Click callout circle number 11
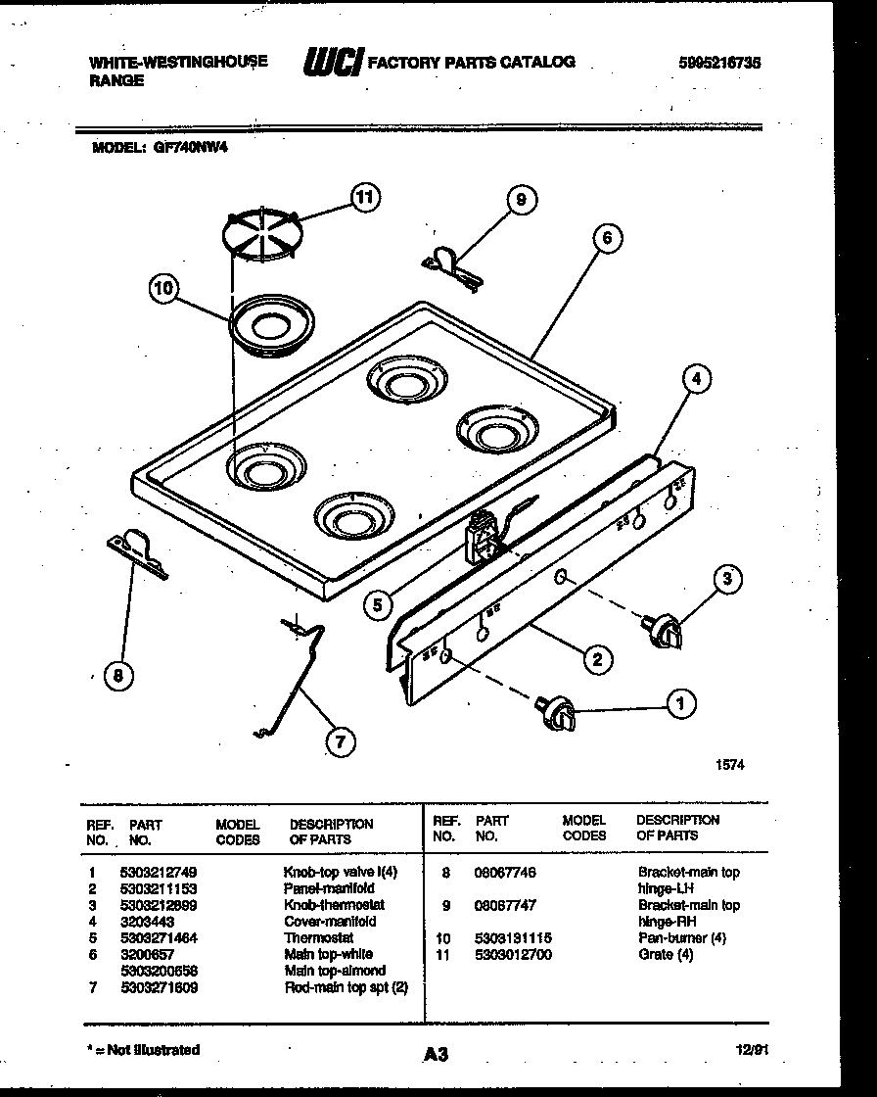[x=365, y=198]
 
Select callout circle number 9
[x=521, y=200]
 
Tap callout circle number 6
[x=607, y=238]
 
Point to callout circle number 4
[x=695, y=378]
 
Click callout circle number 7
[x=339, y=741]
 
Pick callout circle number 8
[x=118, y=674]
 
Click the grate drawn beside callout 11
[x=260, y=235]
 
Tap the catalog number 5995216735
[x=719, y=62]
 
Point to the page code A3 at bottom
[x=437, y=1055]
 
